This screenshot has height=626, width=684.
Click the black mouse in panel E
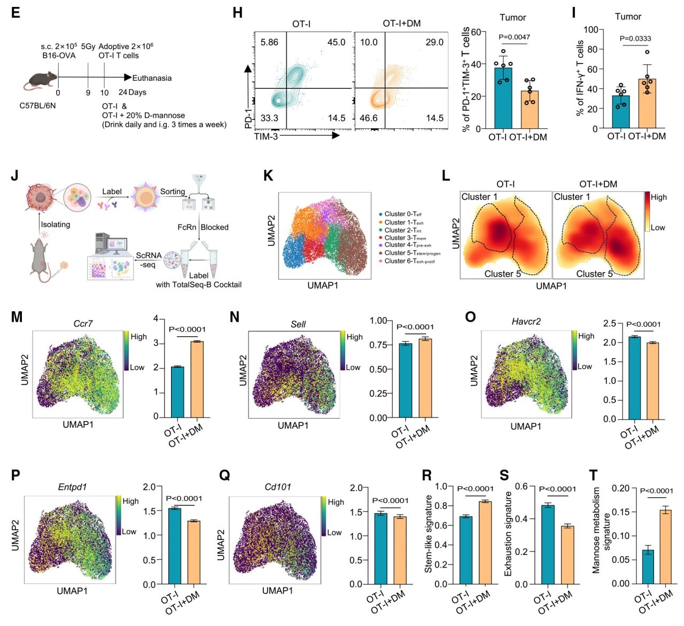(x=41, y=80)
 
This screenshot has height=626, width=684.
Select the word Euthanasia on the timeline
(x=152, y=78)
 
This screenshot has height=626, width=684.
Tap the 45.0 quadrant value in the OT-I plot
(x=336, y=42)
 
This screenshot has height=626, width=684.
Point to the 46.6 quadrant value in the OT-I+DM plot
(x=369, y=118)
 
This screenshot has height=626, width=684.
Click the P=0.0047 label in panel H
(x=515, y=37)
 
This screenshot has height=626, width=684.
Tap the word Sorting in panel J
(x=173, y=191)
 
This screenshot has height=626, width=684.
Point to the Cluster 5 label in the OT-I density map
(x=502, y=274)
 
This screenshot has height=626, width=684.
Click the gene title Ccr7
(x=83, y=323)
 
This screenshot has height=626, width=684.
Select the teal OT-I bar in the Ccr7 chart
(x=177, y=391)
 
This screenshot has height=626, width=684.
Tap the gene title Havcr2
(x=526, y=321)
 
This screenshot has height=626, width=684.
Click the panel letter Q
(x=224, y=475)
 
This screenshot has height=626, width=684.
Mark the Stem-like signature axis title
(x=429, y=534)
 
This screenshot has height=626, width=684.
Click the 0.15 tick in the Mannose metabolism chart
(x=621, y=512)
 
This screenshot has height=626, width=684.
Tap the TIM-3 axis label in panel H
(x=266, y=136)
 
